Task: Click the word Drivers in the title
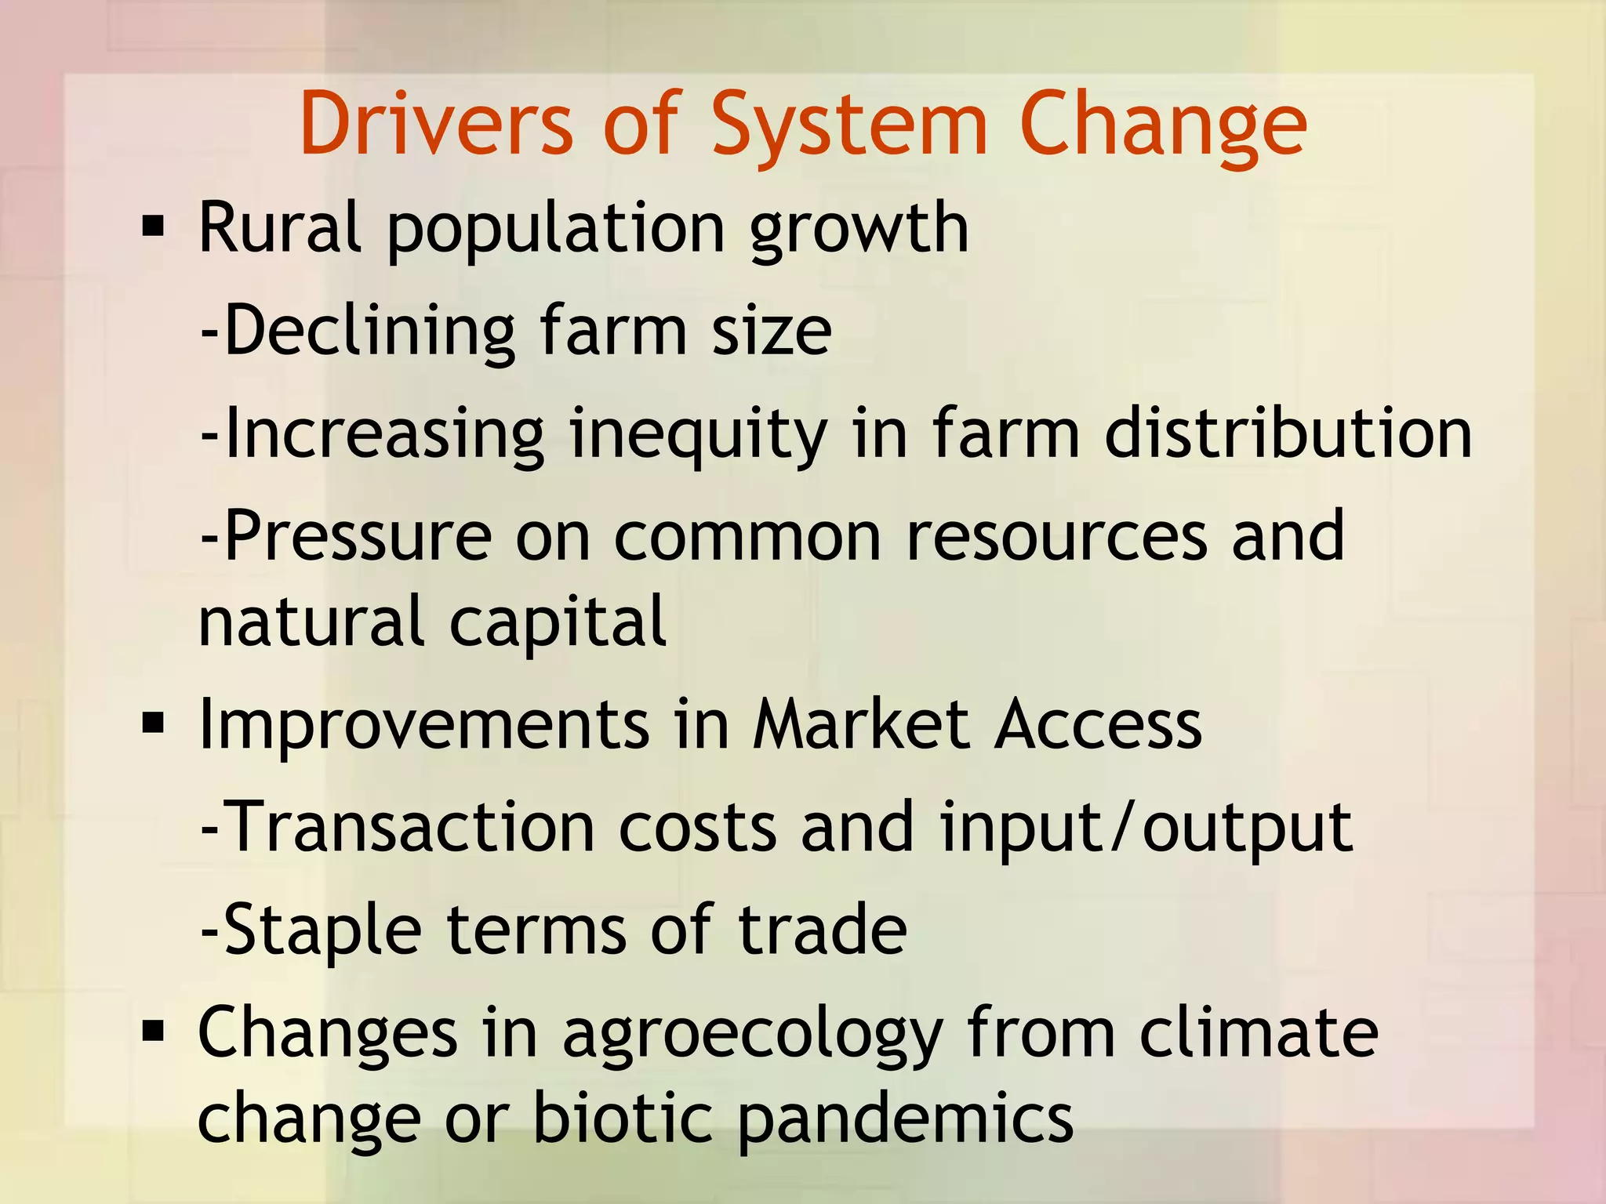pyautogui.click(x=436, y=124)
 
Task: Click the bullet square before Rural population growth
pyautogui.click(x=154, y=228)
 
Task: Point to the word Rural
pyautogui.click(x=280, y=228)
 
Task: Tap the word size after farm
pyautogui.click(x=771, y=332)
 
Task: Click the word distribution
pyautogui.click(x=1288, y=433)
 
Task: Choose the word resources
pyautogui.click(x=1056, y=536)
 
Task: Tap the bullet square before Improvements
pyautogui.click(x=154, y=724)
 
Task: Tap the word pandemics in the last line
pyautogui.click(x=906, y=1119)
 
